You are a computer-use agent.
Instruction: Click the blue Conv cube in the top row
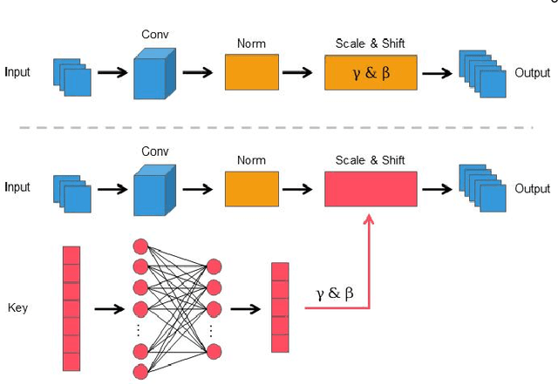155,74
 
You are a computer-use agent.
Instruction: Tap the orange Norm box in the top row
252,72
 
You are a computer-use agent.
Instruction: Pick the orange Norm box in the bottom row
252,188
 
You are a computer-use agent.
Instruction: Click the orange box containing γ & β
371,72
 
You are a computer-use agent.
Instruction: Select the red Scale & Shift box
371,188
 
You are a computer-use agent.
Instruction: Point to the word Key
17,307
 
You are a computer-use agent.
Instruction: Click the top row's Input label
17,72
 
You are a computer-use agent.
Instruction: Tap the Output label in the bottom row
532,188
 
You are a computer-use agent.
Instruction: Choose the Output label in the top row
532,72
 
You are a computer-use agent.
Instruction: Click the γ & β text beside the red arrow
335,293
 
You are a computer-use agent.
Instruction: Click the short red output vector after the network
280,307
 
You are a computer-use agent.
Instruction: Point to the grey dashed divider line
279,128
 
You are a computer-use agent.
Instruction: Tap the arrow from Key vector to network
110,308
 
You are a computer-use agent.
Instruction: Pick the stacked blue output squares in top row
483,74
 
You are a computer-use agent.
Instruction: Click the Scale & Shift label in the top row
370,43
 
